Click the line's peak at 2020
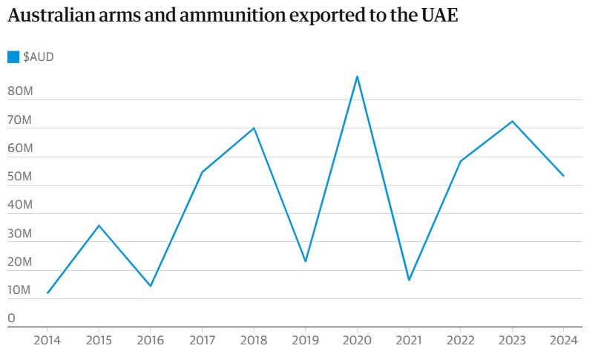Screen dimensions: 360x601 pos(357,76)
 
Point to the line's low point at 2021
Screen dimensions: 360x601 pos(409,280)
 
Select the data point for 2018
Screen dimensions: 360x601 pos(254,128)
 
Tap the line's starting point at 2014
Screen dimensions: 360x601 pos(47,293)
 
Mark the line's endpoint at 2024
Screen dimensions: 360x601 pos(563,176)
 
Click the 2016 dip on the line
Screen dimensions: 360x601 pos(151,286)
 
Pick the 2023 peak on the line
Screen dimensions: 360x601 pos(512,121)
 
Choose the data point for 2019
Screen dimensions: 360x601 pos(306,261)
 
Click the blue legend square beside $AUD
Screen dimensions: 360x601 pos(13,57)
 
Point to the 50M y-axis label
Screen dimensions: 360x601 pos(20,177)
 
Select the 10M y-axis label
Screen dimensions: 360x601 pos(20,290)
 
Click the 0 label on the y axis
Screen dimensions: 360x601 pos(11,318)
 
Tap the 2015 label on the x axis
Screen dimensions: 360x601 pos(99,341)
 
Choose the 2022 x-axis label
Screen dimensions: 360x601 pos(460,341)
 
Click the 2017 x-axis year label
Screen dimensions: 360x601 pos(202,341)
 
